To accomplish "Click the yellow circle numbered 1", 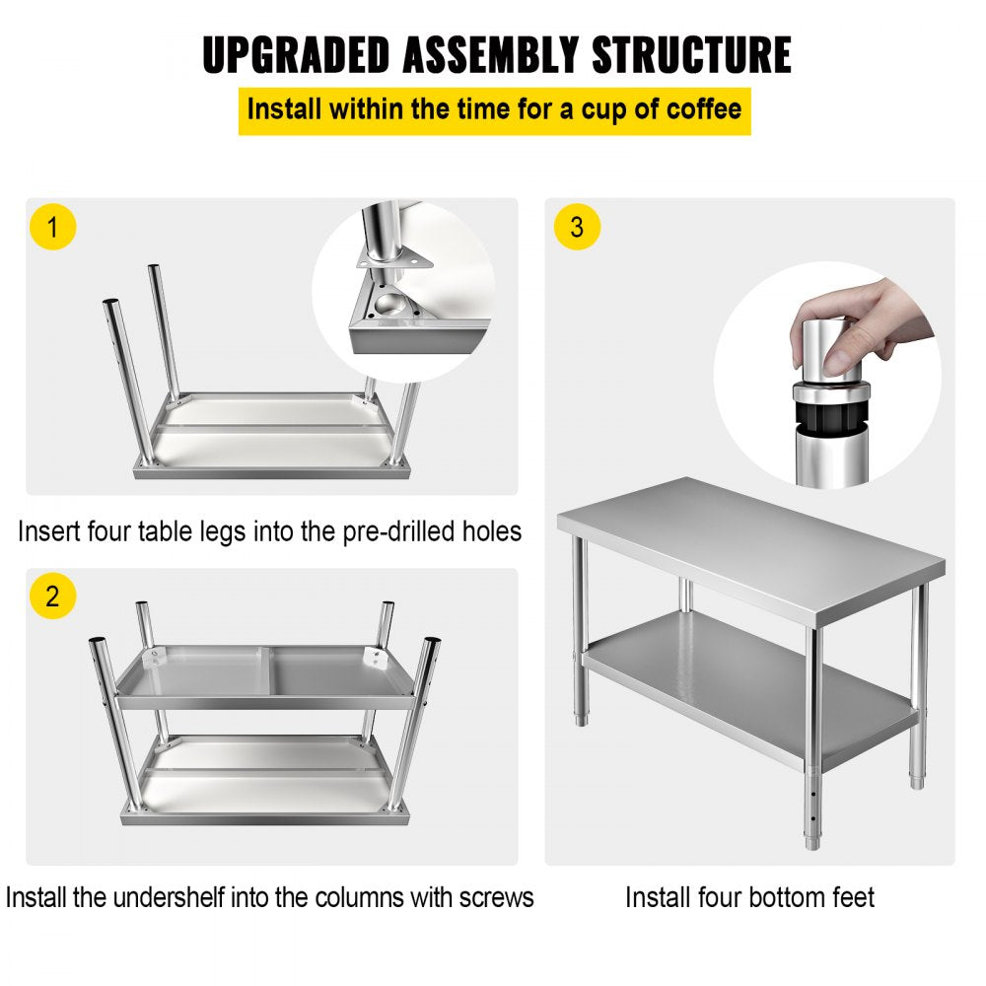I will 52,228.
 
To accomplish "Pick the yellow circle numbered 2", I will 52,596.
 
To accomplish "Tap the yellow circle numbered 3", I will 577,228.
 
